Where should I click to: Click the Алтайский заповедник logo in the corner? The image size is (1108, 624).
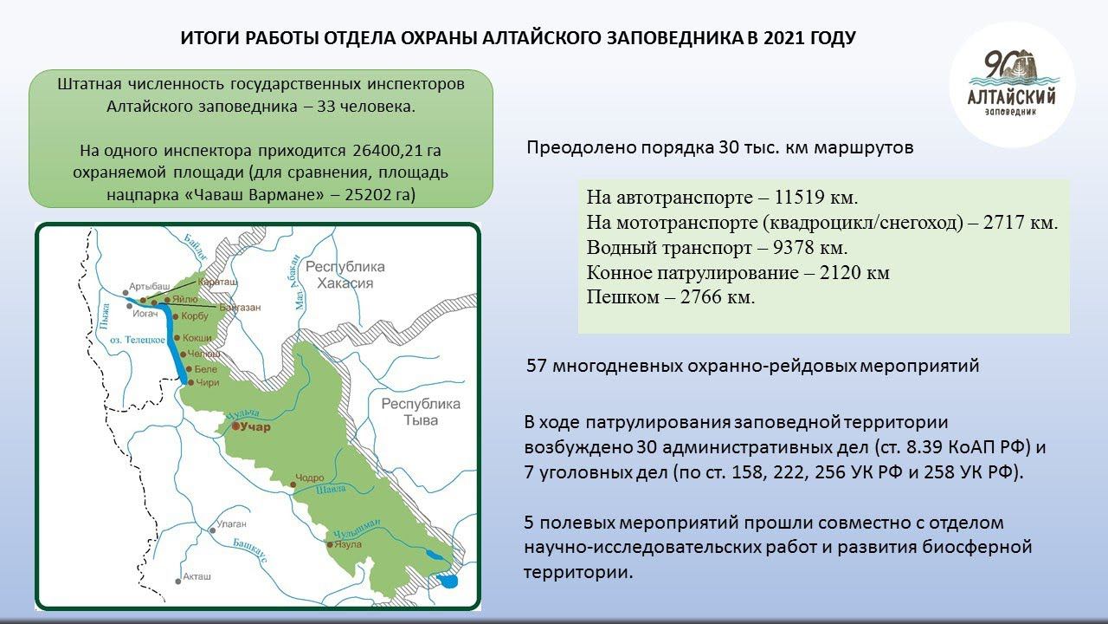(x=1011, y=83)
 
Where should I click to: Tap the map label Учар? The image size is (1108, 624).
(x=256, y=427)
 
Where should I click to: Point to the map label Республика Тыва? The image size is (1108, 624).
(x=422, y=413)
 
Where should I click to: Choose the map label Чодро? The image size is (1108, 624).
(x=309, y=478)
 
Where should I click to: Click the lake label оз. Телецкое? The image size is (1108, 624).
(x=138, y=340)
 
